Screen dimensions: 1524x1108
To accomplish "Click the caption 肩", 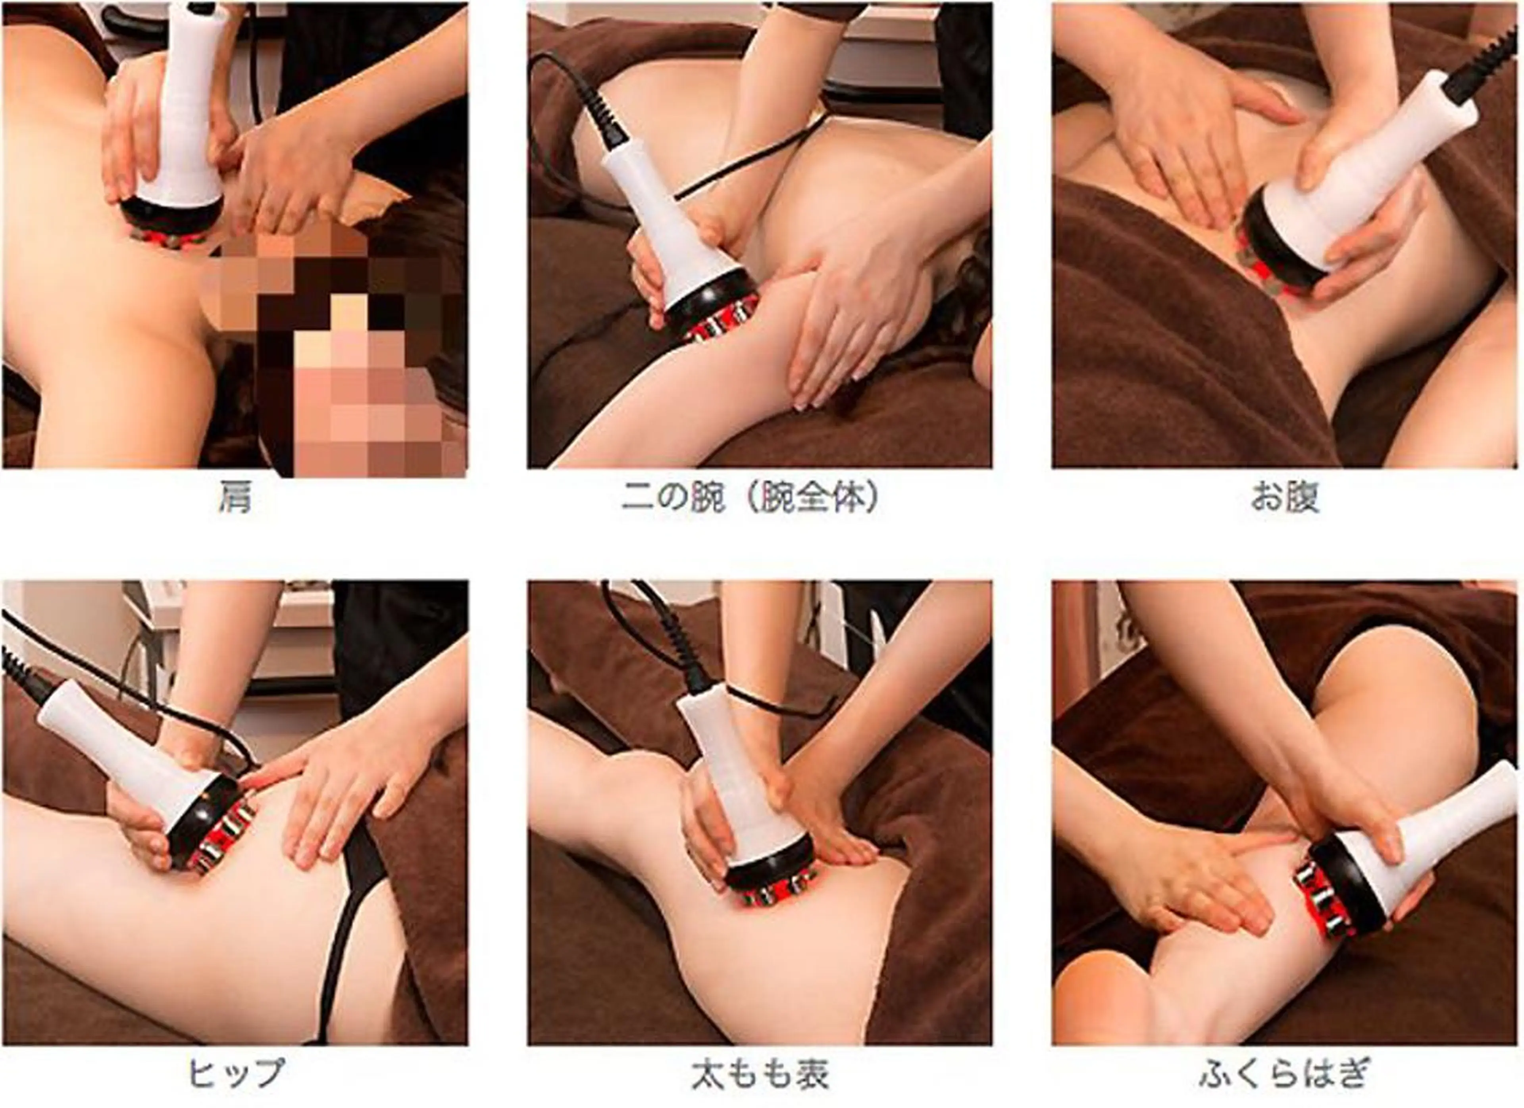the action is point(235,498).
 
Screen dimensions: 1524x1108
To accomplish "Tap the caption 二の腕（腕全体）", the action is point(750,498).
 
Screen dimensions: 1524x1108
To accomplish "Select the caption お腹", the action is point(1284,498).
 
